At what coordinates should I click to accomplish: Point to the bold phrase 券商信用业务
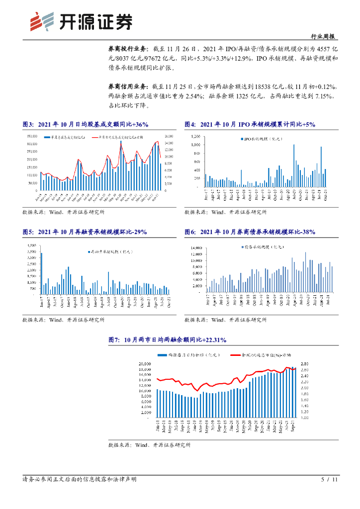pyautogui.click(x=127, y=86)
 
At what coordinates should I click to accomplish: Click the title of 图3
pyautogui.click(x=86, y=124)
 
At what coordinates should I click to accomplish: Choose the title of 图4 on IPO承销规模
pyautogui.click(x=250, y=124)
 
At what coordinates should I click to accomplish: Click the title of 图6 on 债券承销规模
pyautogui.click(x=250, y=232)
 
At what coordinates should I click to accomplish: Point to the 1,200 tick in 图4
pyautogui.click(x=194, y=136)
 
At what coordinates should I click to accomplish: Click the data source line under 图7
pyautogui.click(x=149, y=445)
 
